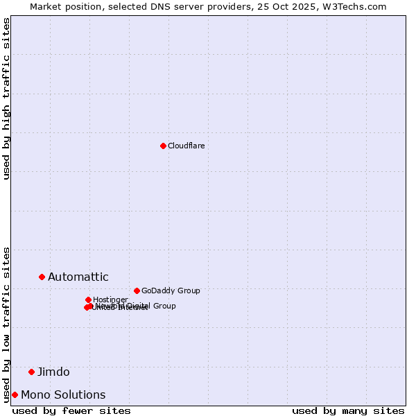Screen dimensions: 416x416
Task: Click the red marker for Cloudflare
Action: point(163,146)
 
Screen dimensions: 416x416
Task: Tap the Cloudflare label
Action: point(186,146)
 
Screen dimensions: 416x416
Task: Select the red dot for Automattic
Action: point(42,277)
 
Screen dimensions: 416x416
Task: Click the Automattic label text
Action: point(78,277)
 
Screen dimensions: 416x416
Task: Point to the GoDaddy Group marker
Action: point(137,291)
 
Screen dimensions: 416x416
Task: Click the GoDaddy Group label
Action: point(171,291)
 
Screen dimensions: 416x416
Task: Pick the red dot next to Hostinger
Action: point(88,300)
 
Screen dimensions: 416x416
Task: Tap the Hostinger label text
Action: point(110,300)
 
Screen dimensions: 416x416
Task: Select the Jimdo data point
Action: point(31,372)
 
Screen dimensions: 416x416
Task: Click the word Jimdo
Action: point(53,372)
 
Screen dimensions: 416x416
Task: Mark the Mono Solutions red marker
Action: point(15,395)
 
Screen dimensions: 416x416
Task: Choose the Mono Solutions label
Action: point(63,395)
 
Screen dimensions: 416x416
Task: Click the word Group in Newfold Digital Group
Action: point(164,306)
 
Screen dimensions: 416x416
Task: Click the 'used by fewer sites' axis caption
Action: point(71,410)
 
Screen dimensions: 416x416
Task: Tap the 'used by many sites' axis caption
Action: point(348,410)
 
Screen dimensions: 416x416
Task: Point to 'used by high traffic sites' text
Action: point(7,98)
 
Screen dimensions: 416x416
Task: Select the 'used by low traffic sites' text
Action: point(7,324)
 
